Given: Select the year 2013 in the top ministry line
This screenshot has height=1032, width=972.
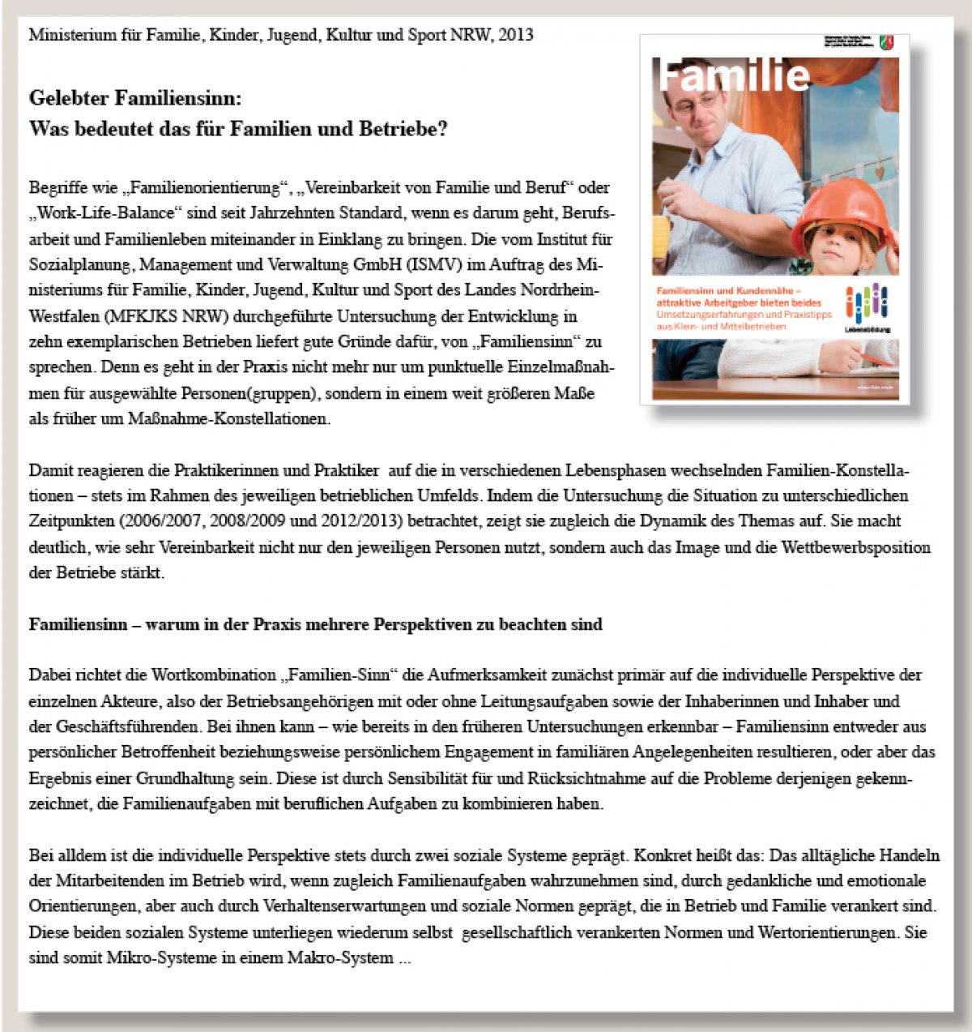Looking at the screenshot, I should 516,35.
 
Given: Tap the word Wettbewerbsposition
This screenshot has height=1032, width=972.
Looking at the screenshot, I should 856,547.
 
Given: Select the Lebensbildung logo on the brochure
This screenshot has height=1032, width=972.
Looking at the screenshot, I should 867,309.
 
